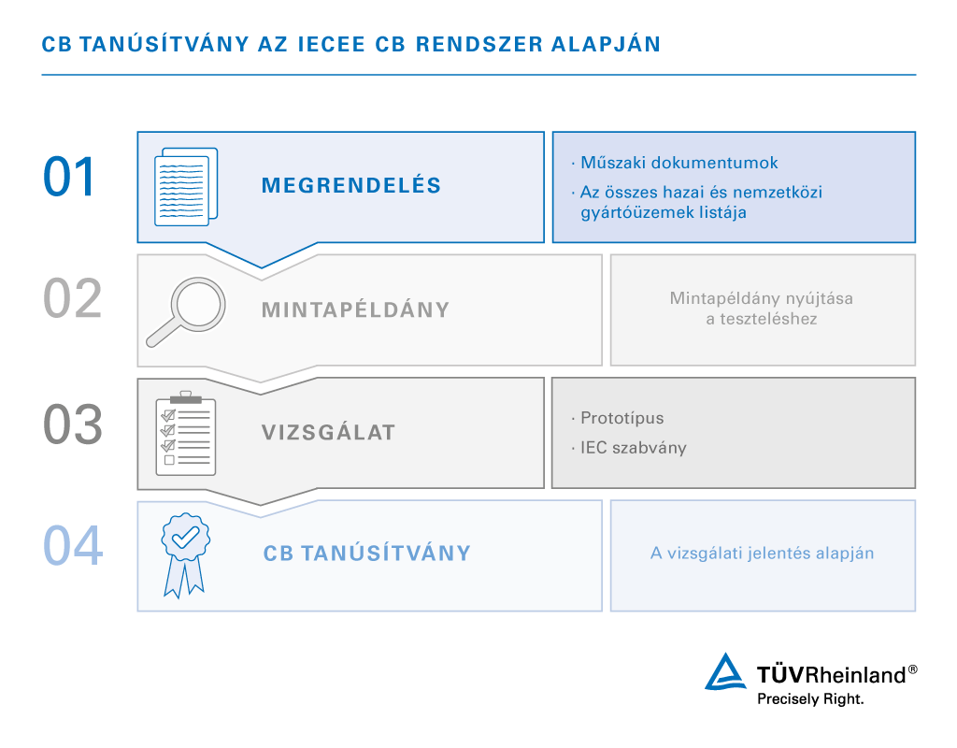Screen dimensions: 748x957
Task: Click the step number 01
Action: pyautogui.click(x=70, y=178)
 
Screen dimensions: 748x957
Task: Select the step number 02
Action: pyautogui.click(x=72, y=299)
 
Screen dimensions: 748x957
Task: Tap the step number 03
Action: pyautogui.click(x=72, y=424)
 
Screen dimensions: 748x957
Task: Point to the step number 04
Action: pyautogui.click(x=72, y=546)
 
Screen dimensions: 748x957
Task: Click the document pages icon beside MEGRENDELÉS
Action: pyautogui.click(x=185, y=185)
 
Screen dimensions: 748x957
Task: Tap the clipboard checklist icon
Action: pyautogui.click(x=185, y=433)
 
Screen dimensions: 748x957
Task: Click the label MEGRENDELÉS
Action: pyautogui.click(x=351, y=185)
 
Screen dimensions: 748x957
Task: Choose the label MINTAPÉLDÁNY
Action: pyautogui.click(x=356, y=309)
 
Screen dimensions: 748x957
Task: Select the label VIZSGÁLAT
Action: pyautogui.click(x=329, y=433)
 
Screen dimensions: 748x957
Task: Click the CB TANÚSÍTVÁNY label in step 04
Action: pyautogui.click(x=367, y=553)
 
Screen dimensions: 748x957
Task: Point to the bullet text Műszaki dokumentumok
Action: pyautogui.click(x=678, y=163)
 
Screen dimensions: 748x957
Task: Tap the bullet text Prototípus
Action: pyautogui.click(x=621, y=418)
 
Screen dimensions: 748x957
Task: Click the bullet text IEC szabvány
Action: pyautogui.click(x=633, y=448)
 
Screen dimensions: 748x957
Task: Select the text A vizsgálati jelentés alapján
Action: pyautogui.click(x=762, y=553)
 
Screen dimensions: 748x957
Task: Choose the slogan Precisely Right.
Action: pyautogui.click(x=810, y=698)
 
